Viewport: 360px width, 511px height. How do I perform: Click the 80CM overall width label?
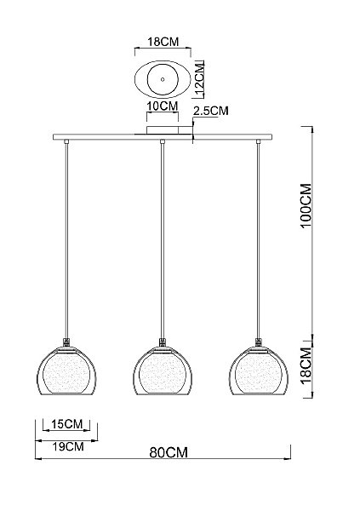[x=169, y=452]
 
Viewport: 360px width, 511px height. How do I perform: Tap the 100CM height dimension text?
[x=306, y=206]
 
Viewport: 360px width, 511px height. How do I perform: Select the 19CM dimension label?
[x=68, y=446]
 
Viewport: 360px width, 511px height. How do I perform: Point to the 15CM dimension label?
[x=66, y=424]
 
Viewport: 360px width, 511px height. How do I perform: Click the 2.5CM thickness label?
[x=211, y=111]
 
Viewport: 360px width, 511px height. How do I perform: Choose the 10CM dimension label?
[x=163, y=106]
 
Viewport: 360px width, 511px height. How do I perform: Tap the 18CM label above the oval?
[x=163, y=42]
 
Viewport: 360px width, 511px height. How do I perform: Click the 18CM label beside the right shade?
[x=306, y=366]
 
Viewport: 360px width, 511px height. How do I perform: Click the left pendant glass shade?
[x=66, y=370]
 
